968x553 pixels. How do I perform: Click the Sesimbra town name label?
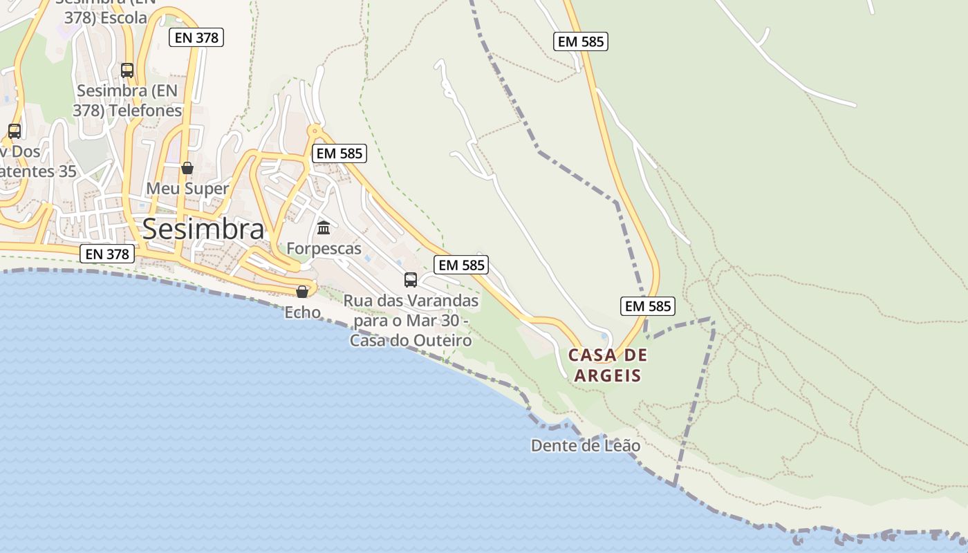pyautogui.click(x=203, y=229)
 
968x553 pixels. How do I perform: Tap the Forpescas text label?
pyautogui.click(x=324, y=248)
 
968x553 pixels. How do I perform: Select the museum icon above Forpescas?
pyautogui.click(x=324, y=227)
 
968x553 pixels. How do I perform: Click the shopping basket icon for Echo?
pyautogui.click(x=302, y=292)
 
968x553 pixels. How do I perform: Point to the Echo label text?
pyautogui.click(x=303, y=312)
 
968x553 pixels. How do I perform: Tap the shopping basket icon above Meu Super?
pyautogui.click(x=187, y=168)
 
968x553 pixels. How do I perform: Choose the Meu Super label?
pyautogui.click(x=187, y=189)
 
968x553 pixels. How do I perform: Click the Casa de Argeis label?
pyautogui.click(x=608, y=366)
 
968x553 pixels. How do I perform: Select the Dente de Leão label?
pyautogui.click(x=586, y=446)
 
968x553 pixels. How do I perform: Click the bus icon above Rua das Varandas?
pyautogui.click(x=411, y=280)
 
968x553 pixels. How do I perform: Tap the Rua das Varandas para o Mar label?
pyautogui.click(x=411, y=321)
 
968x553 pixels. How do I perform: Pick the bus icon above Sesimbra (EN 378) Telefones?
pyautogui.click(x=127, y=70)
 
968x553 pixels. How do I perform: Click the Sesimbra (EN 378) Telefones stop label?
pyautogui.click(x=129, y=100)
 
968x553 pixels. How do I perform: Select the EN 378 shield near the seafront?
pyautogui.click(x=106, y=254)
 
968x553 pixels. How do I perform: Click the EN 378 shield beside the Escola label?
pyautogui.click(x=197, y=37)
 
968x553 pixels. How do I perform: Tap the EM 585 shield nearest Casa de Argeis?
pyautogui.click(x=648, y=306)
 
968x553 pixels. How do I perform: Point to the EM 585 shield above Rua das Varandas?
pyautogui.click(x=462, y=265)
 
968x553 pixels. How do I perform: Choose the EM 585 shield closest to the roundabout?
pyautogui.click(x=339, y=153)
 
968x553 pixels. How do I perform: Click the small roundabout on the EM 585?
pyautogui.click(x=315, y=130)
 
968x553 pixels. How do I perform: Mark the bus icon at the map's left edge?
pyautogui.click(x=14, y=131)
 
